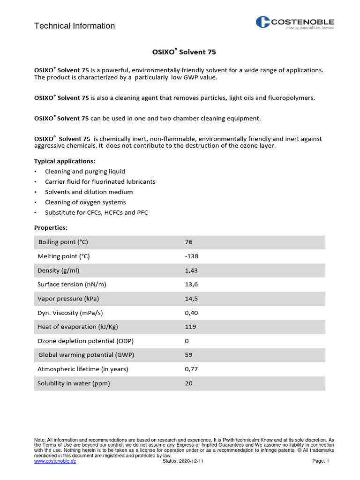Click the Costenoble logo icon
263,22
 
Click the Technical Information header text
75,26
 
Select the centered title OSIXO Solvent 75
180,52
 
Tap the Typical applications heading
65,161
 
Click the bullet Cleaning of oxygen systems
85,202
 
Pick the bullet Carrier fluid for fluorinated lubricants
100,181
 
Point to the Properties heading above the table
51,227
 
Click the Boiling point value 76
189,242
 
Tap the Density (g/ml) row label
61,270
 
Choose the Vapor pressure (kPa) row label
68,299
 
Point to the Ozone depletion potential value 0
187,341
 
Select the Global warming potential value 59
189,355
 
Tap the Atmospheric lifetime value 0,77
192,369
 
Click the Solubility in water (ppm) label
74,383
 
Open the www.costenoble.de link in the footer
55,461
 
